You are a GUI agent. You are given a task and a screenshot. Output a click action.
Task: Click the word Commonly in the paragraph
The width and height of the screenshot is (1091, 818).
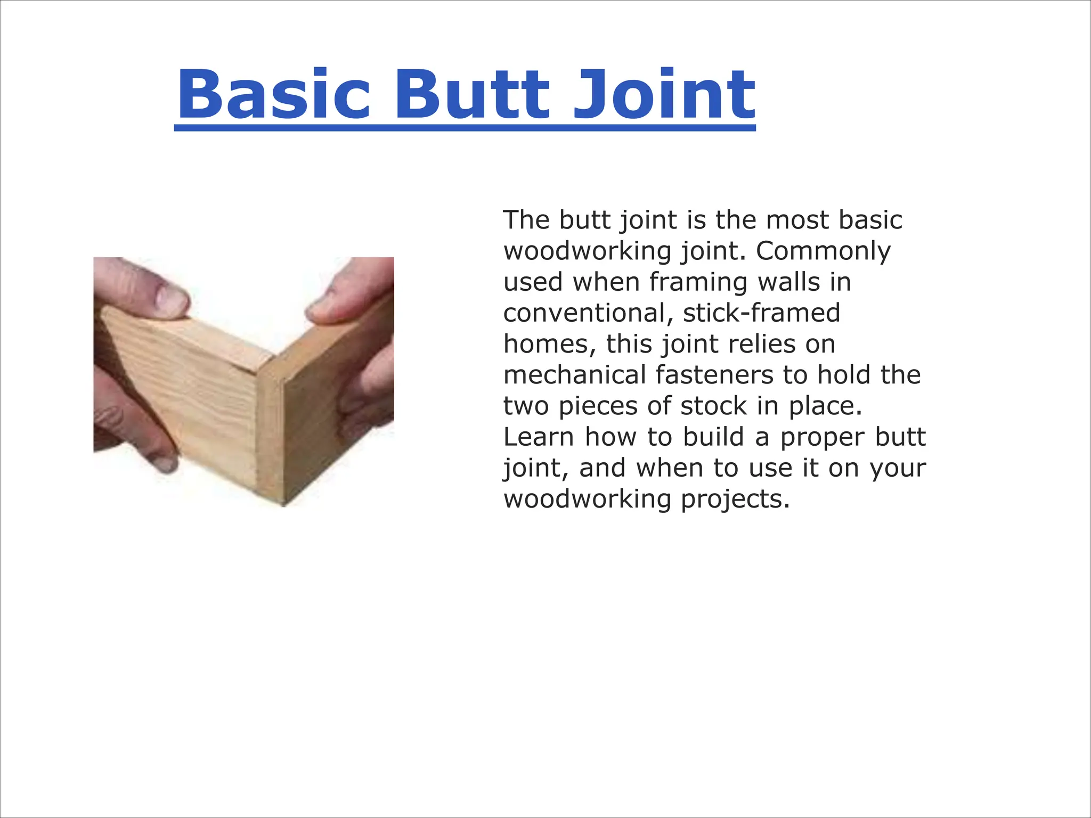[x=823, y=251]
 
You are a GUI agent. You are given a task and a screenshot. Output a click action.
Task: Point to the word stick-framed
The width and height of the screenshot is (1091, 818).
[x=761, y=313]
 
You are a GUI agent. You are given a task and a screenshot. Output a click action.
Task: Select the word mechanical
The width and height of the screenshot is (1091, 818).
[x=574, y=374]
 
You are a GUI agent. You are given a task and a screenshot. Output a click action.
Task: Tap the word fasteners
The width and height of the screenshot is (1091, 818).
[x=714, y=374]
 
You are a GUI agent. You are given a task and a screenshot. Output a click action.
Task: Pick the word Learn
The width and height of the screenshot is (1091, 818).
[x=538, y=437]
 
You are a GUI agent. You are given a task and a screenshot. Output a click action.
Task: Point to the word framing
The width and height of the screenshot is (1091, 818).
[x=698, y=282]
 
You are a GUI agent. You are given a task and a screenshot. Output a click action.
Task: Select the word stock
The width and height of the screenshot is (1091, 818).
[x=713, y=406]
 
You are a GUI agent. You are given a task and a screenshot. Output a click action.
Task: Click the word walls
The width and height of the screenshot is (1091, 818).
[x=789, y=282]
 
